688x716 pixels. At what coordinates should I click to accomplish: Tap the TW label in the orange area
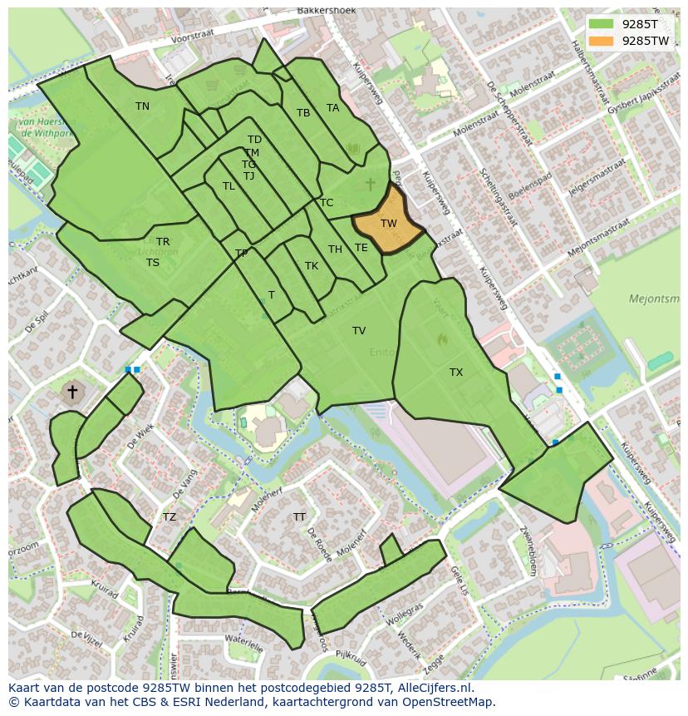tap(388, 224)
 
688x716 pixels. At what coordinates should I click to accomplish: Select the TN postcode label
tap(142, 106)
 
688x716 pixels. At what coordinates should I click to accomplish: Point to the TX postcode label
tap(456, 373)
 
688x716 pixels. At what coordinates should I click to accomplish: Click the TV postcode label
tap(359, 331)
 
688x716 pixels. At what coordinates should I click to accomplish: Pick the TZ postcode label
tap(170, 517)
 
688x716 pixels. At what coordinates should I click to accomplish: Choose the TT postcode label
tap(299, 517)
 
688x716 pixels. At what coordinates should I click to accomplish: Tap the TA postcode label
tap(332, 108)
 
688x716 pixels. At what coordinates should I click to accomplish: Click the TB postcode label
tap(303, 113)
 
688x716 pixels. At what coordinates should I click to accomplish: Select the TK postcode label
tap(312, 266)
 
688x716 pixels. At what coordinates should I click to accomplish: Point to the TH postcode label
tap(335, 249)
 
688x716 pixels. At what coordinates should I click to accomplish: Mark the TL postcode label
tap(229, 186)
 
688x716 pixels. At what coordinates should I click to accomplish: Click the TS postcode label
tap(153, 263)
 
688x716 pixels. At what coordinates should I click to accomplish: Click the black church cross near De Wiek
tap(72, 391)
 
